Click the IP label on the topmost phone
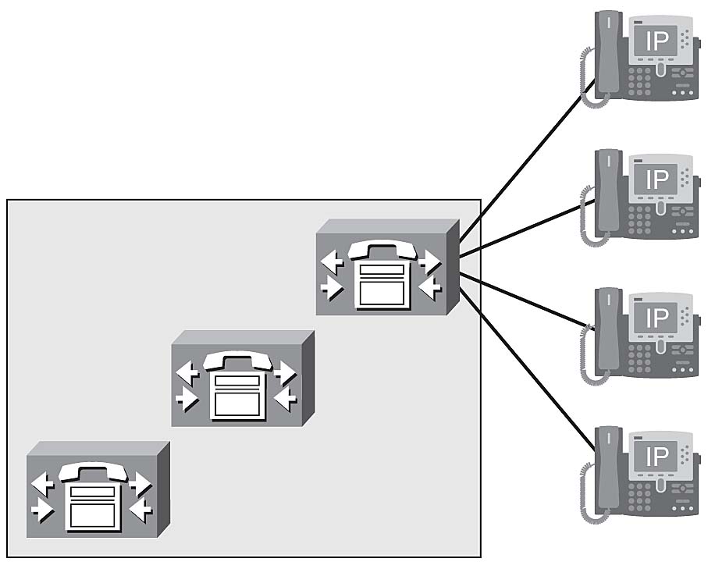click(x=657, y=41)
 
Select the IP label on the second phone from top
click(x=657, y=180)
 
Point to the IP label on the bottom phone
click(x=657, y=457)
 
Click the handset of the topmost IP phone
click(x=606, y=55)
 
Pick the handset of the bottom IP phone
click(x=606, y=470)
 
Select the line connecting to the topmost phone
click(x=523, y=165)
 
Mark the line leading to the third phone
click(x=527, y=300)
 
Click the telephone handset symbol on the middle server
click(x=237, y=361)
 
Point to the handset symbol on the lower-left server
click(x=93, y=471)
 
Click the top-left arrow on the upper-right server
click(x=333, y=261)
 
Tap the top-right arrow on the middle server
click(x=285, y=372)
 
